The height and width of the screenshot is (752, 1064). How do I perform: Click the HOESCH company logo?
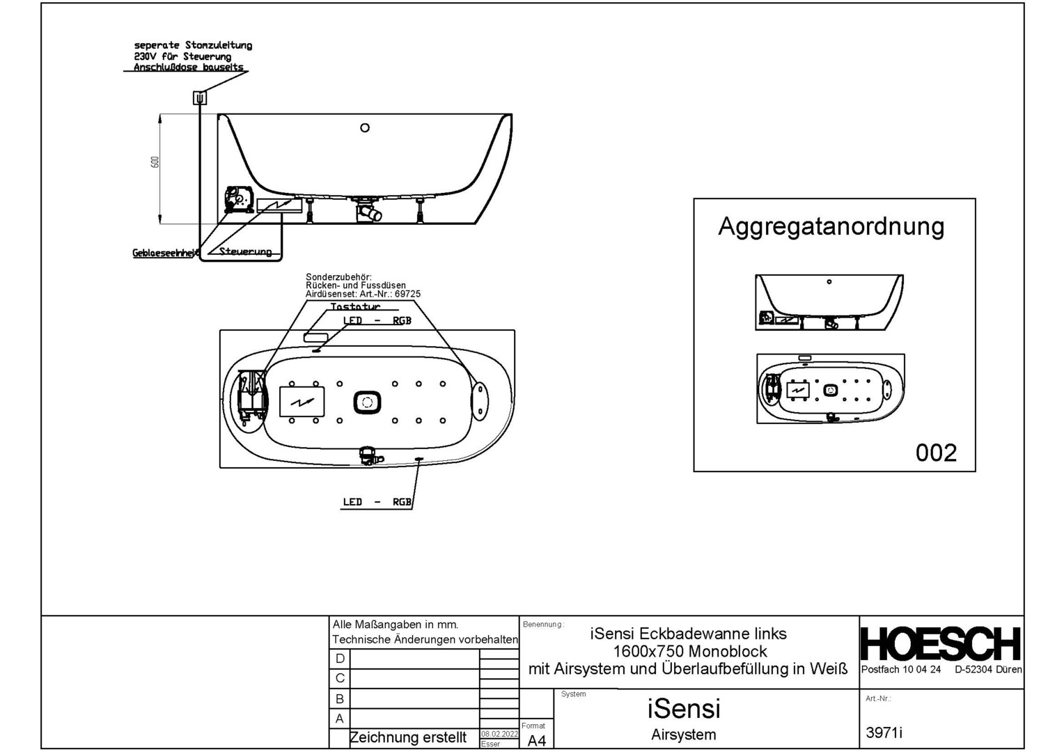(x=940, y=644)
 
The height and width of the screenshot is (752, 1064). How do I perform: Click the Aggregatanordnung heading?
(x=831, y=226)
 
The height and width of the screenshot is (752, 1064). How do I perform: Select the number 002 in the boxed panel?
(x=936, y=453)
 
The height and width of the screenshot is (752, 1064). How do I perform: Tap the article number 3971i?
(x=884, y=733)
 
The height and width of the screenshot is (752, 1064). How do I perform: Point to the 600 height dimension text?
(x=155, y=162)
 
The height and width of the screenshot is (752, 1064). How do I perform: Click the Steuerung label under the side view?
(x=245, y=251)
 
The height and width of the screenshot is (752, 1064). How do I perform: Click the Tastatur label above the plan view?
(x=355, y=306)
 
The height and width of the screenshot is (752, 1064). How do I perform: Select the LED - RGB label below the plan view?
(x=377, y=502)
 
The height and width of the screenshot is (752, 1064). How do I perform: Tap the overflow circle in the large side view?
(x=364, y=128)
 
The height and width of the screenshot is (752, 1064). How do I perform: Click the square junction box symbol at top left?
(x=200, y=98)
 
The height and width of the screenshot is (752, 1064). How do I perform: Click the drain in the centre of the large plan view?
(x=367, y=402)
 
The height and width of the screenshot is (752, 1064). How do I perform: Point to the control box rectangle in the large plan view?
(x=302, y=402)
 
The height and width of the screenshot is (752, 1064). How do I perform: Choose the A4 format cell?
(x=536, y=740)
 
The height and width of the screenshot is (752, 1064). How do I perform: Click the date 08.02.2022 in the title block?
(x=499, y=734)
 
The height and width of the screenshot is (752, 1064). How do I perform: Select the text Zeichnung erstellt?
(x=408, y=737)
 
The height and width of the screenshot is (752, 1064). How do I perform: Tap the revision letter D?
(x=340, y=659)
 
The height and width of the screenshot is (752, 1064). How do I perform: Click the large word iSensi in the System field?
(x=684, y=709)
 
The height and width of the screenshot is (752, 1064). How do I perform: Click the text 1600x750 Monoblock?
(x=689, y=652)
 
